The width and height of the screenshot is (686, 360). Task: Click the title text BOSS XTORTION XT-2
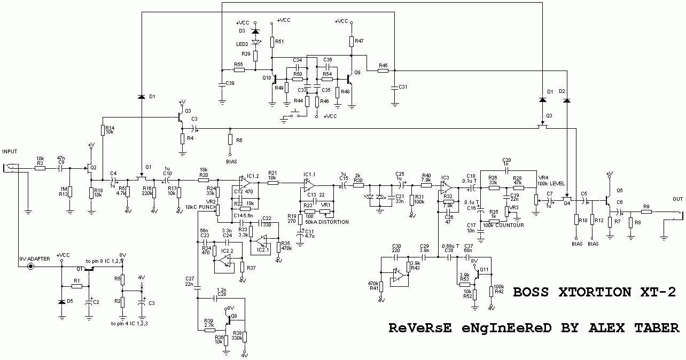click(x=594, y=293)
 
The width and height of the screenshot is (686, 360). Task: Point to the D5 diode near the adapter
click(x=63, y=302)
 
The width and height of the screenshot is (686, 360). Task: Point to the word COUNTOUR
click(x=510, y=225)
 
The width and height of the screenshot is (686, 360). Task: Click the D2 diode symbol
click(x=567, y=100)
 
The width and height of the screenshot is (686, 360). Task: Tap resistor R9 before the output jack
click(x=646, y=212)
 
